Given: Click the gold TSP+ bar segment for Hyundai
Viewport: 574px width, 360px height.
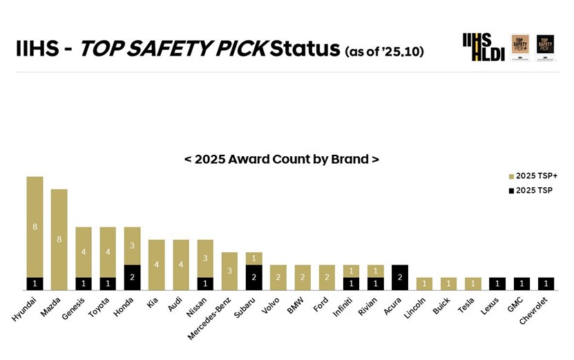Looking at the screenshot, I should click(35, 227).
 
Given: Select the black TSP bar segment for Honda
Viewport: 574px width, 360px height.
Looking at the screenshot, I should click(132, 277).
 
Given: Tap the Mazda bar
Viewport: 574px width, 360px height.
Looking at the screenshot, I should click(59, 239).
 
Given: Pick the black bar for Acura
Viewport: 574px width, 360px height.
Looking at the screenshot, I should click(400, 277).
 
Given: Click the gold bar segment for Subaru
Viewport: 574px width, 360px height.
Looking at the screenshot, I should click(253, 258).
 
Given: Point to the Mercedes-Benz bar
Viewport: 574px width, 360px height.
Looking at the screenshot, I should click(229, 271).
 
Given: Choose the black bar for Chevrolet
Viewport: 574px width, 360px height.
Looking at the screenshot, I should click(546, 283).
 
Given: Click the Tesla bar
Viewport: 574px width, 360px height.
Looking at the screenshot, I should click(472, 283).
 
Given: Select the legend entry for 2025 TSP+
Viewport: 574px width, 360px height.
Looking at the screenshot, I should click(533, 176).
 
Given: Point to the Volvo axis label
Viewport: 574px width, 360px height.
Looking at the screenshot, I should click(271, 305).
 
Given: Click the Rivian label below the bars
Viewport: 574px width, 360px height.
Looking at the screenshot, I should click(368, 305).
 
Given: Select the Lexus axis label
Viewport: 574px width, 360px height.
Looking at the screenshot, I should click(490, 305).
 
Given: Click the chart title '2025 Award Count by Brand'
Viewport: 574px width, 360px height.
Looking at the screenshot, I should click(281, 159).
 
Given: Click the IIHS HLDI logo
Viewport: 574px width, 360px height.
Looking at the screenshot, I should click(477, 47).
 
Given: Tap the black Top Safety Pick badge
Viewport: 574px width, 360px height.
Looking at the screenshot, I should click(546, 48).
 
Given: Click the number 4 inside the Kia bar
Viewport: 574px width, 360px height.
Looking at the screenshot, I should click(156, 265).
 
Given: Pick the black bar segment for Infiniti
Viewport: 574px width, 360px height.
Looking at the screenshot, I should click(351, 283).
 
